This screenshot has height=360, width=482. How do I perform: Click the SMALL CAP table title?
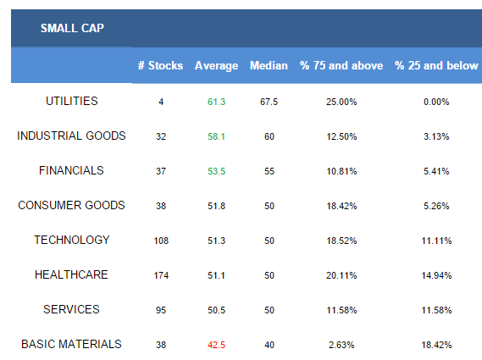tap(72, 28)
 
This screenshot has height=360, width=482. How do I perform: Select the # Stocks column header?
tap(160, 65)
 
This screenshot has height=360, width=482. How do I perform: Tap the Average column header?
tap(216, 66)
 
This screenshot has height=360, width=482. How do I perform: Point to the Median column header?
tap(269, 65)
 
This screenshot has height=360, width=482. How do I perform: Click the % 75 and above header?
tap(341, 65)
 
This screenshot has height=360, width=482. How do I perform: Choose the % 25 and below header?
tap(436, 65)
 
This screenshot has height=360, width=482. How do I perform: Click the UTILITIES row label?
tap(72, 101)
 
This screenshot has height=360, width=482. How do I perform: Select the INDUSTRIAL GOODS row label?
tap(71, 136)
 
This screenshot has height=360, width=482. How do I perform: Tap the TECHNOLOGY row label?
tap(72, 240)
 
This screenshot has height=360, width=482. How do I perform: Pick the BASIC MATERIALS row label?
tap(71, 344)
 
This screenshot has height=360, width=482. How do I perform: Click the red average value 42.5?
tap(216, 345)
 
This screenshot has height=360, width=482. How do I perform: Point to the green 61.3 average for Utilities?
tap(216, 102)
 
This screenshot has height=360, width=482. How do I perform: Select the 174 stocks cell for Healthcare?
tap(161, 275)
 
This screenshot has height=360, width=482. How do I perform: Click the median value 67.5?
tap(269, 102)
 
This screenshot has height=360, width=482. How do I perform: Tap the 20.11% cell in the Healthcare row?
tap(341, 275)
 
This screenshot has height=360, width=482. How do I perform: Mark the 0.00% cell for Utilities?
tap(436, 102)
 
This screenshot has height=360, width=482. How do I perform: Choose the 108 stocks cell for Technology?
tap(161, 241)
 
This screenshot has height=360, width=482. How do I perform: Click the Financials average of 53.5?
tap(216, 171)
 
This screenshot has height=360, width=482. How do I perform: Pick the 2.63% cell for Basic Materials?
tap(341, 345)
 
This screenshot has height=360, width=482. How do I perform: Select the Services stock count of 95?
tap(161, 310)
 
